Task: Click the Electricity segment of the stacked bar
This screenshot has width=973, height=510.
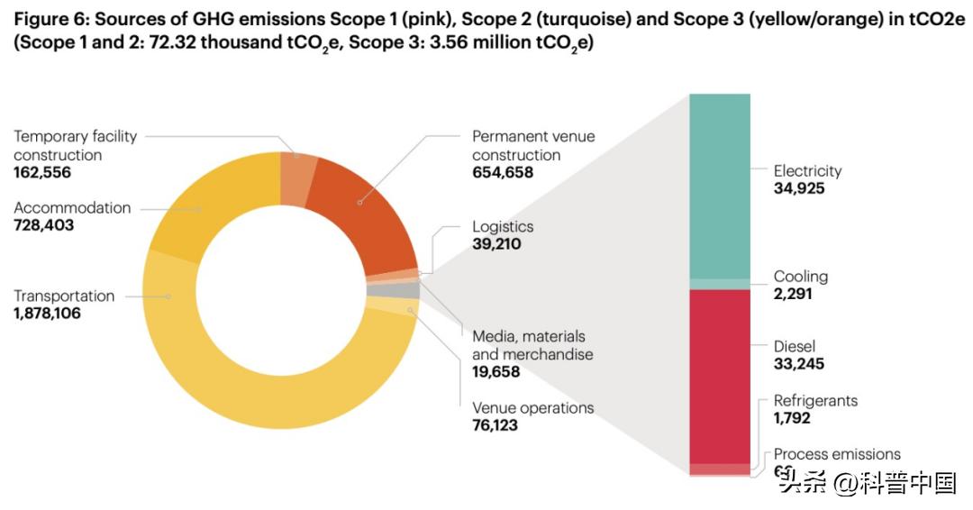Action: tap(720, 185)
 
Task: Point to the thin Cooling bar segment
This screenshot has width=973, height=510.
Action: tap(720, 284)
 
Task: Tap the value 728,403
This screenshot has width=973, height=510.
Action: tap(44, 226)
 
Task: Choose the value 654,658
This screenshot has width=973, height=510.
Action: tap(503, 173)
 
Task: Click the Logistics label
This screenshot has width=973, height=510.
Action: tap(503, 227)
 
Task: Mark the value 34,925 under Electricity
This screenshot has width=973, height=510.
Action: tap(799, 188)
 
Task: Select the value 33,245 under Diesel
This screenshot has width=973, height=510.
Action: tap(799, 364)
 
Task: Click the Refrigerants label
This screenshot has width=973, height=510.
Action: tap(815, 401)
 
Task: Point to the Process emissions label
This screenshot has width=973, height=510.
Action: tap(837, 454)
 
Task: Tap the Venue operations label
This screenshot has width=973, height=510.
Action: tap(533, 408)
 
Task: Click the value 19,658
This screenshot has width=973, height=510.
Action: tap(496, 371)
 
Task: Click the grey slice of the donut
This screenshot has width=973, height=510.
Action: tap(405, 290)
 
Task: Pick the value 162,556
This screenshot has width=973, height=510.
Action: tap(42, 173)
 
